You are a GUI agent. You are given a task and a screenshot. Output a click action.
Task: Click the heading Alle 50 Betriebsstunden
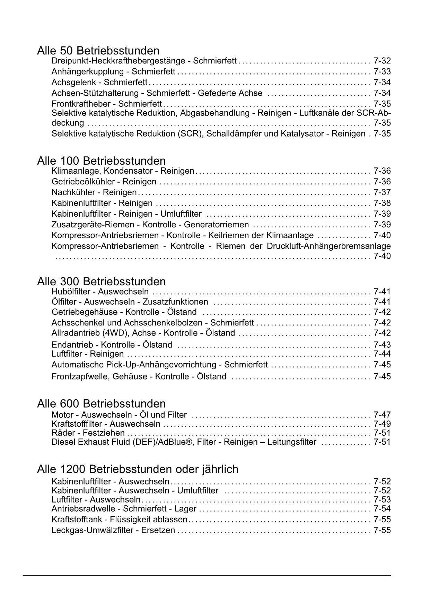(x=98, y=51)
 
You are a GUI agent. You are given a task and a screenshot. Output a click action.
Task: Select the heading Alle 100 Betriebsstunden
(x=101, y=161)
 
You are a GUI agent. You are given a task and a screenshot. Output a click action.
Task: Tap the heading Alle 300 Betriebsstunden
(x=101, y=281)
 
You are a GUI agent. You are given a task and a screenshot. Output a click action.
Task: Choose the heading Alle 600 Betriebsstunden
(x=101, y=403)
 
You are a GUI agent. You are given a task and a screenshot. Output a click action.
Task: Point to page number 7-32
(x=382, y=61)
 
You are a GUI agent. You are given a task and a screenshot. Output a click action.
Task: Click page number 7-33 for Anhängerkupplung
(x=382, y=72)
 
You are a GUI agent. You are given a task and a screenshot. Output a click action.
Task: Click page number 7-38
(x=382, y=203)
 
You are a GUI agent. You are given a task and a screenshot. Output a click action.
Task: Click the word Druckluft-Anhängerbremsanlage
(x=328, y=246)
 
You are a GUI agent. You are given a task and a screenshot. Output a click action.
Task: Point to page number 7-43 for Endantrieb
(x=382, y=345)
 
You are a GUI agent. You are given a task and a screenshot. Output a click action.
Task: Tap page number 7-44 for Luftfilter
(x=382, y=354)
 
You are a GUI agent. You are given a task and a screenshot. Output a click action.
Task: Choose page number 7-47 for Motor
(x=382, y=415)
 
